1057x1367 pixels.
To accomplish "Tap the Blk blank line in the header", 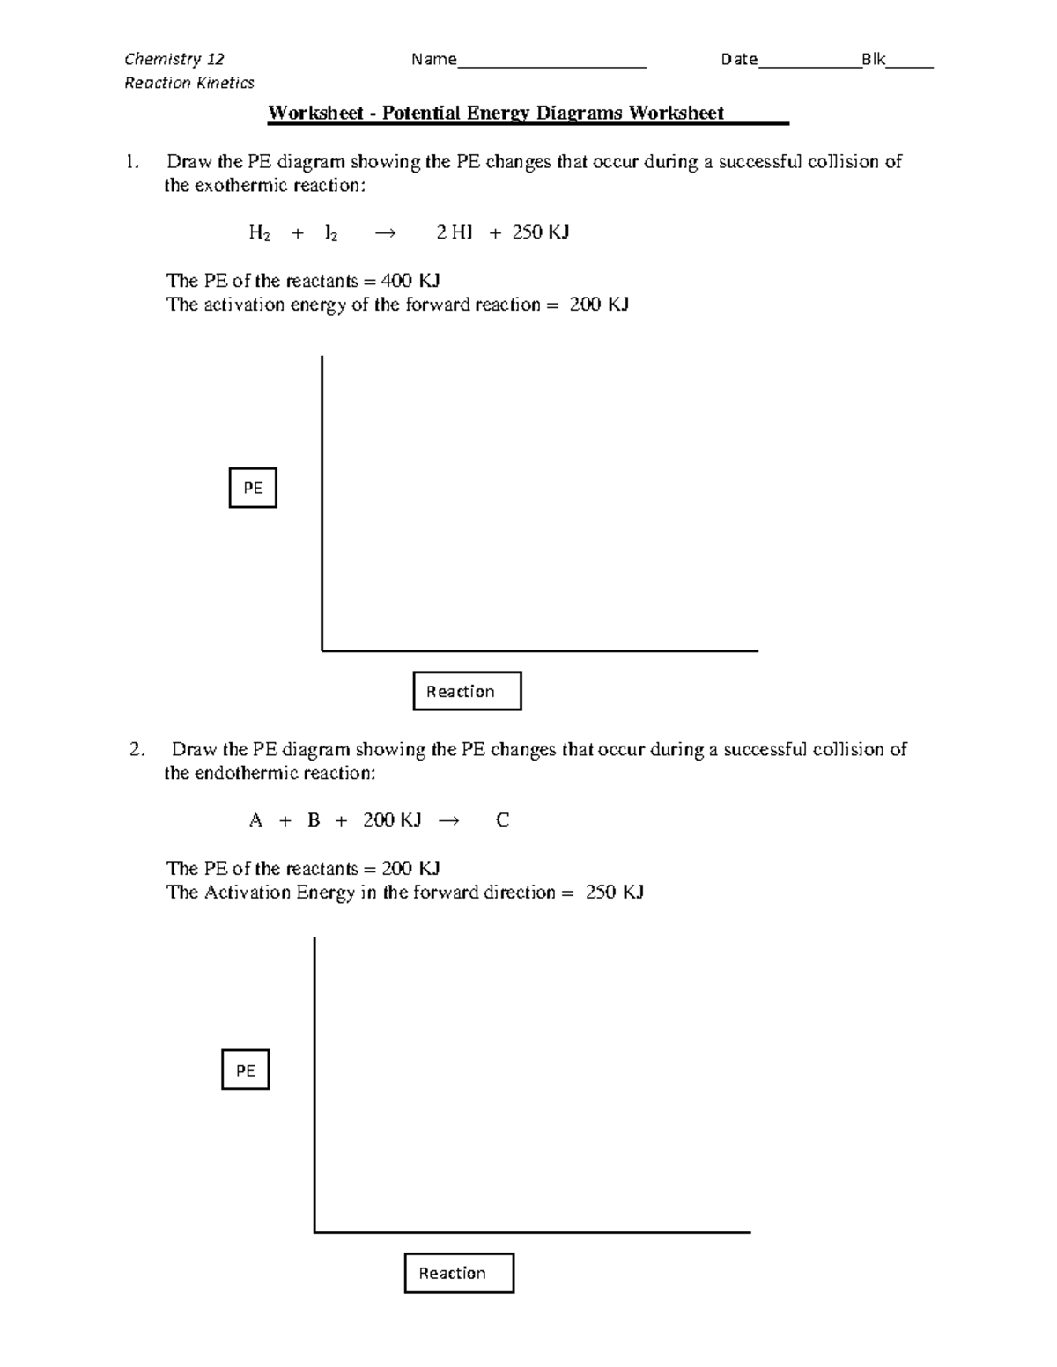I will click(910, 65).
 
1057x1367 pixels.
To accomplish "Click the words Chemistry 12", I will click(174, 59).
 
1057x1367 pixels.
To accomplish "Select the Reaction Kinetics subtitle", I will click(189, 83).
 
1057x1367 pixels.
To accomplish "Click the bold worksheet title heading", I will click(496, 113).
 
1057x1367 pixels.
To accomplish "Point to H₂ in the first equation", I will click(259, 233).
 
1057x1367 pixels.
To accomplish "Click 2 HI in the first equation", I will click(455, 232).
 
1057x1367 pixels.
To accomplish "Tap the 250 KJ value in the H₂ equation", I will click(541, 232).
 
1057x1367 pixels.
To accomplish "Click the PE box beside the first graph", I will click(253, 488).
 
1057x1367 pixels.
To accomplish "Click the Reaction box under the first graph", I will click(467, 691).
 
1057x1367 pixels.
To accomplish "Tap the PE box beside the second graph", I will click(245, 1069).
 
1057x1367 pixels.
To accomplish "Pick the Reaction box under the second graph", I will click(459, 1273).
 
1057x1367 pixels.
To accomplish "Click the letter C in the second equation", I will click(502, 820).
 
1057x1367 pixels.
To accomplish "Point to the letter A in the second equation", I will click(256, 820).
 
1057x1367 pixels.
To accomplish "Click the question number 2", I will click(136, 750).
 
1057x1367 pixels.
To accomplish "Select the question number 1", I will click(131, 162).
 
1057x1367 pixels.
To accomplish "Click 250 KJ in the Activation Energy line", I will click(615, 893).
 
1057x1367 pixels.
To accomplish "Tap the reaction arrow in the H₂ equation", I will click(386, 232).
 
